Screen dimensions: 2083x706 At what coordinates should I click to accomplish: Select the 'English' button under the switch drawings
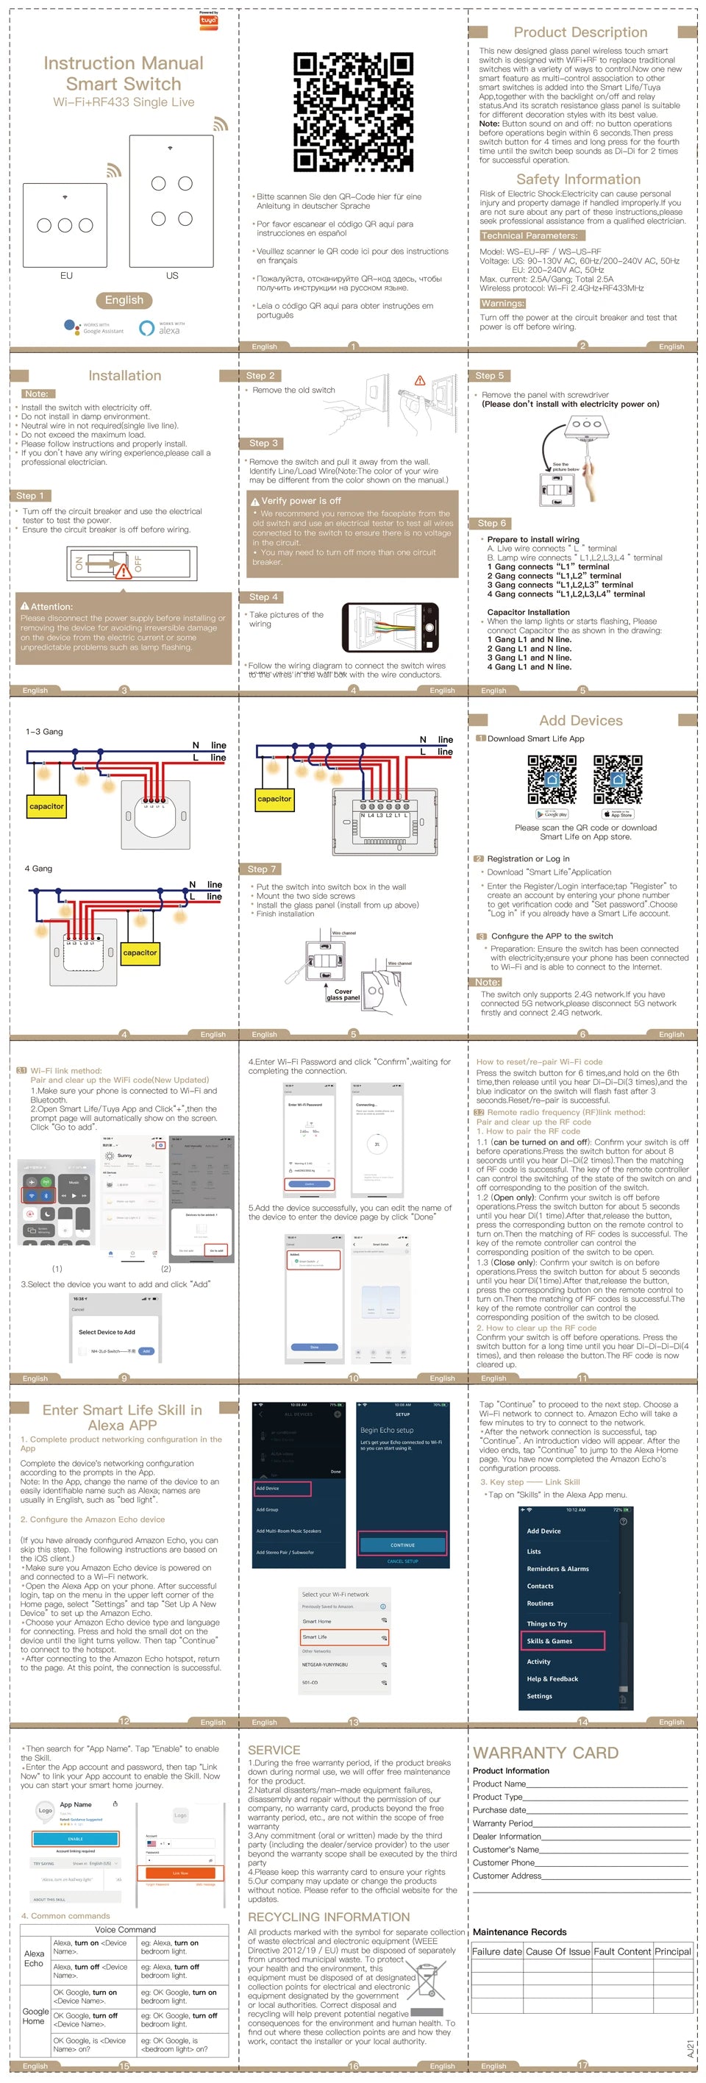(x=124, y=300)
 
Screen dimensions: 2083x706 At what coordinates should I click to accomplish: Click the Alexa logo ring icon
(x=146, y=328)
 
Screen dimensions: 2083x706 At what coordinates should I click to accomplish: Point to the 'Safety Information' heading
(x=578, y=179)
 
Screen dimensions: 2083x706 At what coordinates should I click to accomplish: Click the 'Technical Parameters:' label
(x=529, y=236)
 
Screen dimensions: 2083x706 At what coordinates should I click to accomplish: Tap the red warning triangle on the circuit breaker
(x=123, y=571)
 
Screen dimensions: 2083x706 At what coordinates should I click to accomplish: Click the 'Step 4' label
(x=263, y=597)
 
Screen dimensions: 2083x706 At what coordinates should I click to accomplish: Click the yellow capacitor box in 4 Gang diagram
(x=140, y=953)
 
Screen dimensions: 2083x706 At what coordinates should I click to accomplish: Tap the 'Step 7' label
(x=262, y=869)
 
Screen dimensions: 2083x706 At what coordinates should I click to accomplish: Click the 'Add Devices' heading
(x=581, y=721)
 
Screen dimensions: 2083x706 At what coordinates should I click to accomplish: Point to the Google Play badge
(x=552, y=814)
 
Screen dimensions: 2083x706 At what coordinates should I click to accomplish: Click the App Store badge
(x=617, y=814)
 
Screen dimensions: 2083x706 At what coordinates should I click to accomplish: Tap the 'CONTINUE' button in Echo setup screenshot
(x=403, y=1545)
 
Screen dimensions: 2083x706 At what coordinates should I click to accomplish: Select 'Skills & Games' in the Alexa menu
(x=562, y=1641)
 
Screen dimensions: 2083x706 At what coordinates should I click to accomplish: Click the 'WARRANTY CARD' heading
(x=546, y=1752)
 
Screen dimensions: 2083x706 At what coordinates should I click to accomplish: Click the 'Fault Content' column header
(x=622, y=1951)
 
